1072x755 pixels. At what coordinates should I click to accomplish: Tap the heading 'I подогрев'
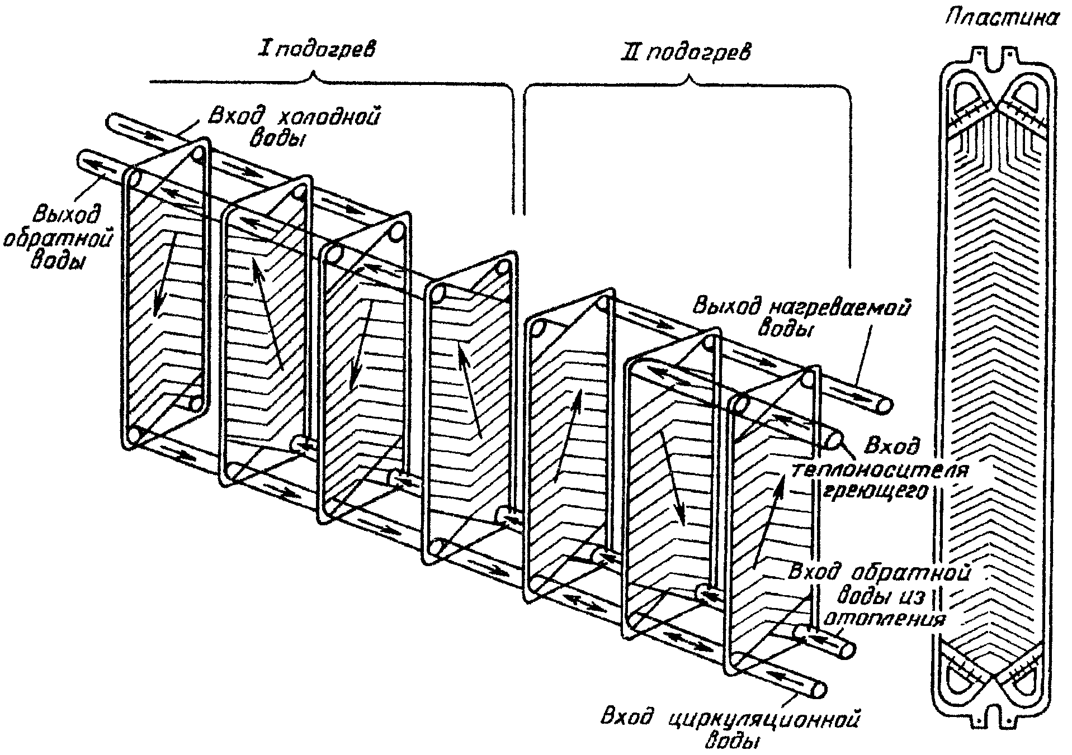(x=317, y=50)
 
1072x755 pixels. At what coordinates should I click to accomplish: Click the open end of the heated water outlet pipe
(x=883, y=407)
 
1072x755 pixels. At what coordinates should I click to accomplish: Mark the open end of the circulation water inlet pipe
(x=818, y=688)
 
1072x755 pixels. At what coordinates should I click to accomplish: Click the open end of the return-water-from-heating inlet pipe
(x=847, y=650)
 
